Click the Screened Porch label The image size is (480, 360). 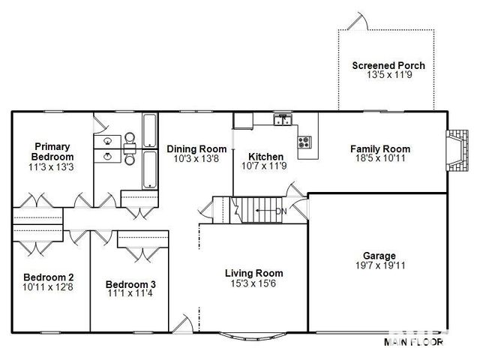tap(388, 65)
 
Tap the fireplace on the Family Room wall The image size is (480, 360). tap(457, 151)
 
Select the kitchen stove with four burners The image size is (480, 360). tap(304, 142)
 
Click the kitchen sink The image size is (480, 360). tap(283, 120)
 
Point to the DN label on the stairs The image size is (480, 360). tap(281, 211)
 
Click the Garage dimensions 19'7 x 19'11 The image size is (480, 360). tap(380, 265)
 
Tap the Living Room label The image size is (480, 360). tap(254, 273)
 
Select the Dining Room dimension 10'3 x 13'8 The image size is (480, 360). tap(196, 158)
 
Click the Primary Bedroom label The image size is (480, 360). tap(52, 151)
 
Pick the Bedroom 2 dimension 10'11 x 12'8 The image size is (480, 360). tap(48, 287)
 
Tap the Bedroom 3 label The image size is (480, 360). tap(130, 284)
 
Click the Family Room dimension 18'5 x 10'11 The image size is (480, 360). tap(380, 158)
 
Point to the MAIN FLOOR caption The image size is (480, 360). tap(413, 342)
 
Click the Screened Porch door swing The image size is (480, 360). tap(358, 22)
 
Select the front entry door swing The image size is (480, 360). tap(183, 323)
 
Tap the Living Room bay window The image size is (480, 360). tap(253, 335)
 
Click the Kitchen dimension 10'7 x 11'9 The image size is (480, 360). tap(264, 166)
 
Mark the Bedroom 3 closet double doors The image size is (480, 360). tap(143, 254)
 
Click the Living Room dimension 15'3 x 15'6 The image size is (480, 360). tap(253, 283)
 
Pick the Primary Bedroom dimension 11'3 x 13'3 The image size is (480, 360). tap(51, 167)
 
